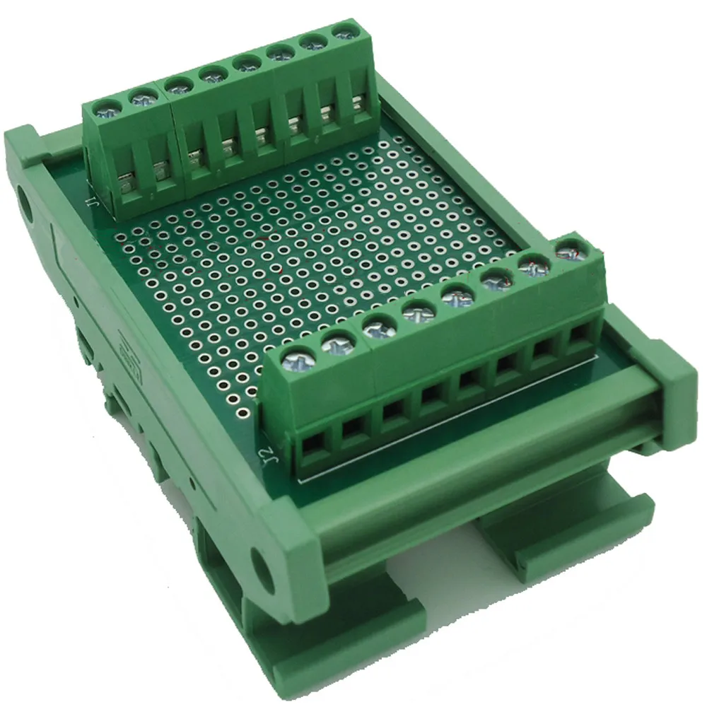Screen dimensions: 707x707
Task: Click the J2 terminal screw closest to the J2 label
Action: pyautogui.click(x=296, y=361)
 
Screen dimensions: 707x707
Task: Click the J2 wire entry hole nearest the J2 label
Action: pyautogui.click(x=312, y=445)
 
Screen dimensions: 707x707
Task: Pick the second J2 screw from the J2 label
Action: pyautogui.click(x=337, y=344)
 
